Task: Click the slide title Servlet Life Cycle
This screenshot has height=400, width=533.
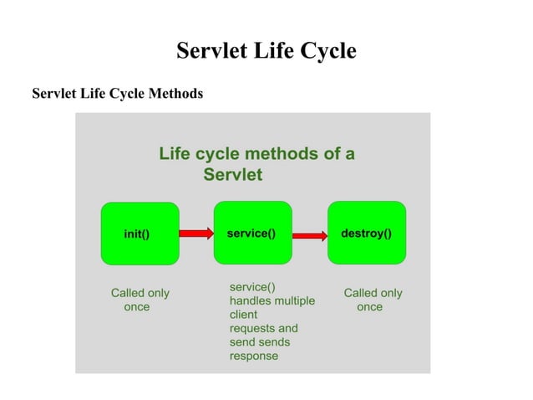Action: click(266, 51)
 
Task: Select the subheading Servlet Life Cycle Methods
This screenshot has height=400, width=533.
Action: click(117, 93)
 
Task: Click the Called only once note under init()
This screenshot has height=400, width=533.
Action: click(140, 300)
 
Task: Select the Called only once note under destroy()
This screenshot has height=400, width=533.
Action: click(373, 300)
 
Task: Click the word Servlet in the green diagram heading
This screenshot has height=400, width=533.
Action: click(233, 176)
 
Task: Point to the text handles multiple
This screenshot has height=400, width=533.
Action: click(272, 300)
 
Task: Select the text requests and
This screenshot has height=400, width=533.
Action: click(263, 328)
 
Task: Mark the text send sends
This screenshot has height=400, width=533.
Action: click(260, 342)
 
